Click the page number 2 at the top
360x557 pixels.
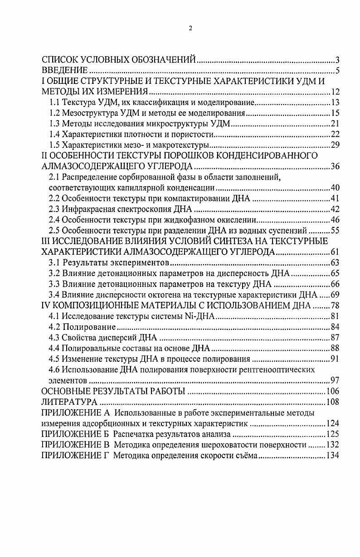coord(190,28)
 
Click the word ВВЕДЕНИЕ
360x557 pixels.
coord(64,70)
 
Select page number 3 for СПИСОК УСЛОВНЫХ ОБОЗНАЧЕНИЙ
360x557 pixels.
coord(338,60)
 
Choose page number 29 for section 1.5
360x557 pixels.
coord(335,145)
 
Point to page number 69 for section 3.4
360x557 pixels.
coord(335,295)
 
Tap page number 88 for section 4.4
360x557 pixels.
coord(335,348)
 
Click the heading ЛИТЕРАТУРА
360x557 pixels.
coord(69,402)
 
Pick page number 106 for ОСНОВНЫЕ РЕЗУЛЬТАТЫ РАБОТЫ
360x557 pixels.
coord(333,391)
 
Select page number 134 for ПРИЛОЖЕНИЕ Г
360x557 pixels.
coord(333,456)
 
